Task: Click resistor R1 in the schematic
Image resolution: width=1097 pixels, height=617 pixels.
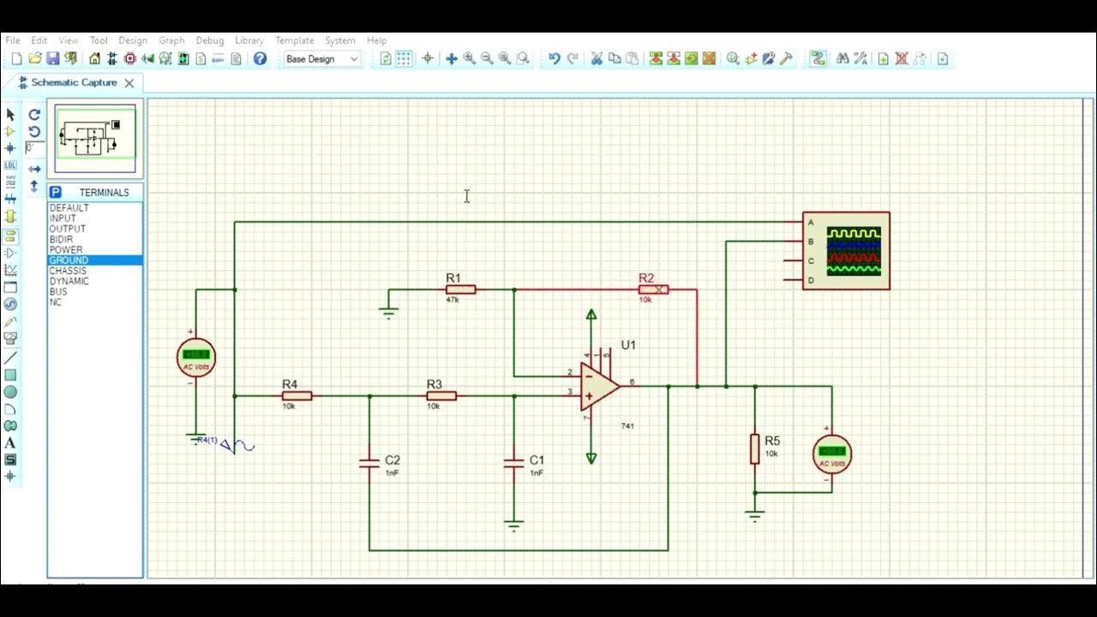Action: click(x=460, y=290)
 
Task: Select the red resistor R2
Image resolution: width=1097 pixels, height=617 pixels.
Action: click(x=654, y=290)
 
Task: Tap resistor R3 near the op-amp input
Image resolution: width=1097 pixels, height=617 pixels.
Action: click(x=441, y=396)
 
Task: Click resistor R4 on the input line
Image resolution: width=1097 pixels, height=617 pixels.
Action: click(x=297, y=396)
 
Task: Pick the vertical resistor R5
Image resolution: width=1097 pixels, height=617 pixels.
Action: click(x=755, y=448)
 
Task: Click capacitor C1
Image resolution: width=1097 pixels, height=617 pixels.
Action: click(x=514, y=463)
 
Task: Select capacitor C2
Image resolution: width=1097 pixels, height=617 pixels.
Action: click(x=369, y=463)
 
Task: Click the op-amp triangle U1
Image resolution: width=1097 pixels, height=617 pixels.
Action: click(x=599, y=386)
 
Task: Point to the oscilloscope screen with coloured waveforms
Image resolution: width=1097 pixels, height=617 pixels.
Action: click(x=854, y=251)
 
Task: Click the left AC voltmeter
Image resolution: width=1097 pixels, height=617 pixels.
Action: click(x=196, y=357)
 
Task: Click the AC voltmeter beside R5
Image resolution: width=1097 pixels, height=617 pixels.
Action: click(x=831, y=454)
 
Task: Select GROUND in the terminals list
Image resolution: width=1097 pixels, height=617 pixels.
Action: click(x=69, y=261)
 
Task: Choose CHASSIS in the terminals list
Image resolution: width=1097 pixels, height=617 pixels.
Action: click(x=68, y=271)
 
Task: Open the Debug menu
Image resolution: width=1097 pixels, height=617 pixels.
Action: click(x=209, y=40)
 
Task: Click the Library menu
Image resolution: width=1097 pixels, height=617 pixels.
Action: click(x=249, y=40)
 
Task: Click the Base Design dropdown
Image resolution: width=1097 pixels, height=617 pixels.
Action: click(x=321, y=59)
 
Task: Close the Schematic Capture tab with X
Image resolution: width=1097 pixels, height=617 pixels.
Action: click(x=129, y=83)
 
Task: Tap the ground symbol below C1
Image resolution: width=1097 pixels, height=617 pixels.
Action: click(x=514, y=525)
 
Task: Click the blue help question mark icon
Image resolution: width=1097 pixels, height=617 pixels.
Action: click(x=260, y=59)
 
